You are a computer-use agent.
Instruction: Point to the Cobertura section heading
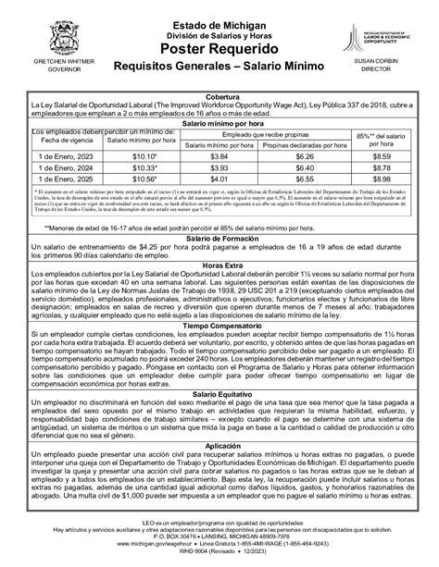click(219, 95)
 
